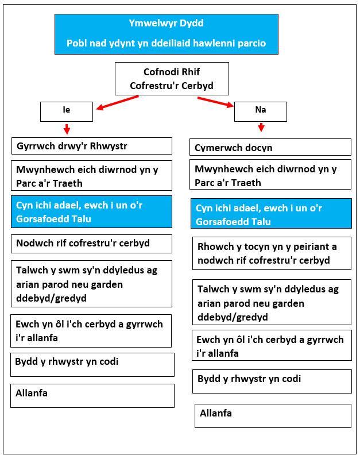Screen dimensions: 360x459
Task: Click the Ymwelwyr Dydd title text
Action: (x=167, y=24)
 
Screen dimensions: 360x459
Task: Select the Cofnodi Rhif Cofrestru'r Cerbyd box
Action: (x=172, y=79)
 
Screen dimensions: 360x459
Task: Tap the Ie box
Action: (x=67, y=111)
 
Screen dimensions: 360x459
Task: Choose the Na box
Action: (x=261, y=111)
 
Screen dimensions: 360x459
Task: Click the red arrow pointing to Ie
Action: (x=117, y=103)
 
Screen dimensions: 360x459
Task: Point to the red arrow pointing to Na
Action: (x=216, y=102)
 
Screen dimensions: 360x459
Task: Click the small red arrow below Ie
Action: (x=67, y=129)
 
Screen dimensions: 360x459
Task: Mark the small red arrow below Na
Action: (x=261, y=128)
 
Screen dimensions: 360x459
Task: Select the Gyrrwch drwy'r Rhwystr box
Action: (x=92, y=146)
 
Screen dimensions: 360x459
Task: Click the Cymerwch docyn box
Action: (x=270, y=147)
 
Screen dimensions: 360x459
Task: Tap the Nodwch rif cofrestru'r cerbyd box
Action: (x=92, y=244)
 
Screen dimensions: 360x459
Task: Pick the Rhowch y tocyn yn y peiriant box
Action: (x=272, y=253)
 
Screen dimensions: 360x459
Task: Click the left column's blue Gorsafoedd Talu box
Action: (x=92, y=211)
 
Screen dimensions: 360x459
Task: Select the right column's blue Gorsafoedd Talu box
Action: (x=271, y=213)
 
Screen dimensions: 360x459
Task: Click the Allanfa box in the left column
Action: (x=92, y=396)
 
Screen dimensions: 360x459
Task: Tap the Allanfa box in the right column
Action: (x=273, y=416)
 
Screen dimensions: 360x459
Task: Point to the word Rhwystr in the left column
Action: (x=109, y=146)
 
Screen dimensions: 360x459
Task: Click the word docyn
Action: (x=259, y=148)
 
